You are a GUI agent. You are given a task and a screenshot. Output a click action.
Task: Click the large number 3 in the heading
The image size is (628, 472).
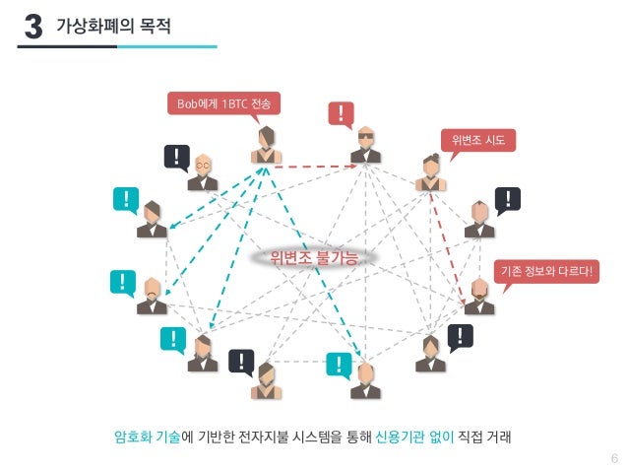[31, 27]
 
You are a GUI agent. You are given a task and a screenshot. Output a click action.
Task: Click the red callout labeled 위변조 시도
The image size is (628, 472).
[477, 140]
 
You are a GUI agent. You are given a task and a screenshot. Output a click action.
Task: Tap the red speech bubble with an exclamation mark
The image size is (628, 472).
[341, 114]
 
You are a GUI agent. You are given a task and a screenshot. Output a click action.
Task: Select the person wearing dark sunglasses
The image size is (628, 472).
[365, 146]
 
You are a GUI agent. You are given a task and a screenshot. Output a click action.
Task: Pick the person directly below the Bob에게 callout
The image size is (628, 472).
[266, 146]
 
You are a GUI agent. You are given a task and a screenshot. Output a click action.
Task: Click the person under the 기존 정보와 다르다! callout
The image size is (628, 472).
[479, 296]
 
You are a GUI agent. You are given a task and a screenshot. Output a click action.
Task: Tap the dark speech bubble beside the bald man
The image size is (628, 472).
[176, 157]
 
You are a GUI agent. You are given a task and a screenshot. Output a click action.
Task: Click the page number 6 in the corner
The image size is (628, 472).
[613, 458]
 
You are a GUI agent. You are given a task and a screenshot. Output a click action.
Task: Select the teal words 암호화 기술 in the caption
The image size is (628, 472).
[148, 437]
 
